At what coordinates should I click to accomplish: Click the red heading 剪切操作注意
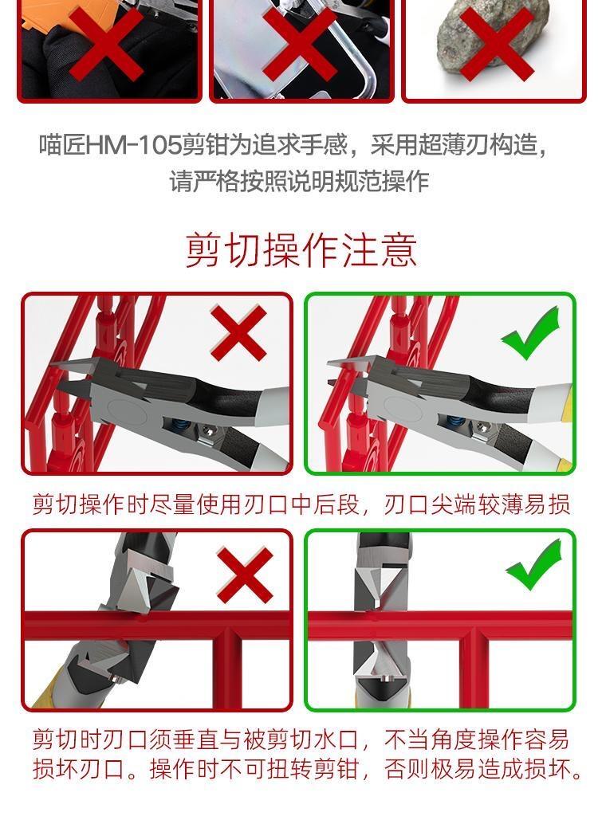coord(301,250)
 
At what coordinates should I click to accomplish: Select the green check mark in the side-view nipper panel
coord(530,333)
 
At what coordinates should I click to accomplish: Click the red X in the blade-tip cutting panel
coord(238,333)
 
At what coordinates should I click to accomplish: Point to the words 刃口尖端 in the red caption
coord(431,504)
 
